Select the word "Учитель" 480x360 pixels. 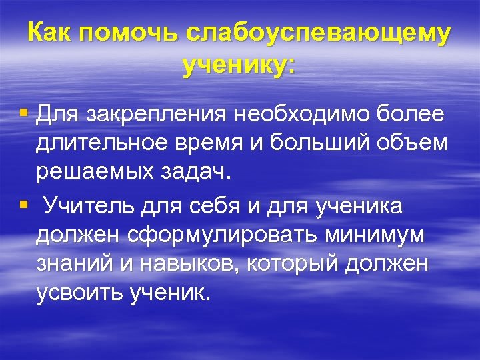(89, 207)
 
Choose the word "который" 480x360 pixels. (299, 265)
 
